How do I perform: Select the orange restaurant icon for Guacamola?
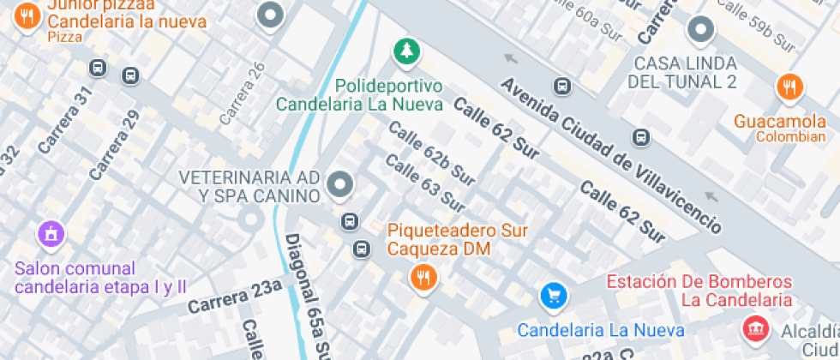tap(789, 87)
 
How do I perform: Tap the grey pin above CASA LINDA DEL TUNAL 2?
tap(701, 30)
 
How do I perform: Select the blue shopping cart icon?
tap(554, 297)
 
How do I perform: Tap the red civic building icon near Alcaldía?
tap(754, 328)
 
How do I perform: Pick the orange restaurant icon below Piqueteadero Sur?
tap(423, 277)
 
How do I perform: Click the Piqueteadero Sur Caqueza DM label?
tap(457, 240)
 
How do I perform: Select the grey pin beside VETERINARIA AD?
tap(340, 183)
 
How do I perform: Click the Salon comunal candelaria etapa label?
tap(100, 278)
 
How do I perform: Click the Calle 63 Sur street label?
tap(424, 183)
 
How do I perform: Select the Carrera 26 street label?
tap(243, 93)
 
